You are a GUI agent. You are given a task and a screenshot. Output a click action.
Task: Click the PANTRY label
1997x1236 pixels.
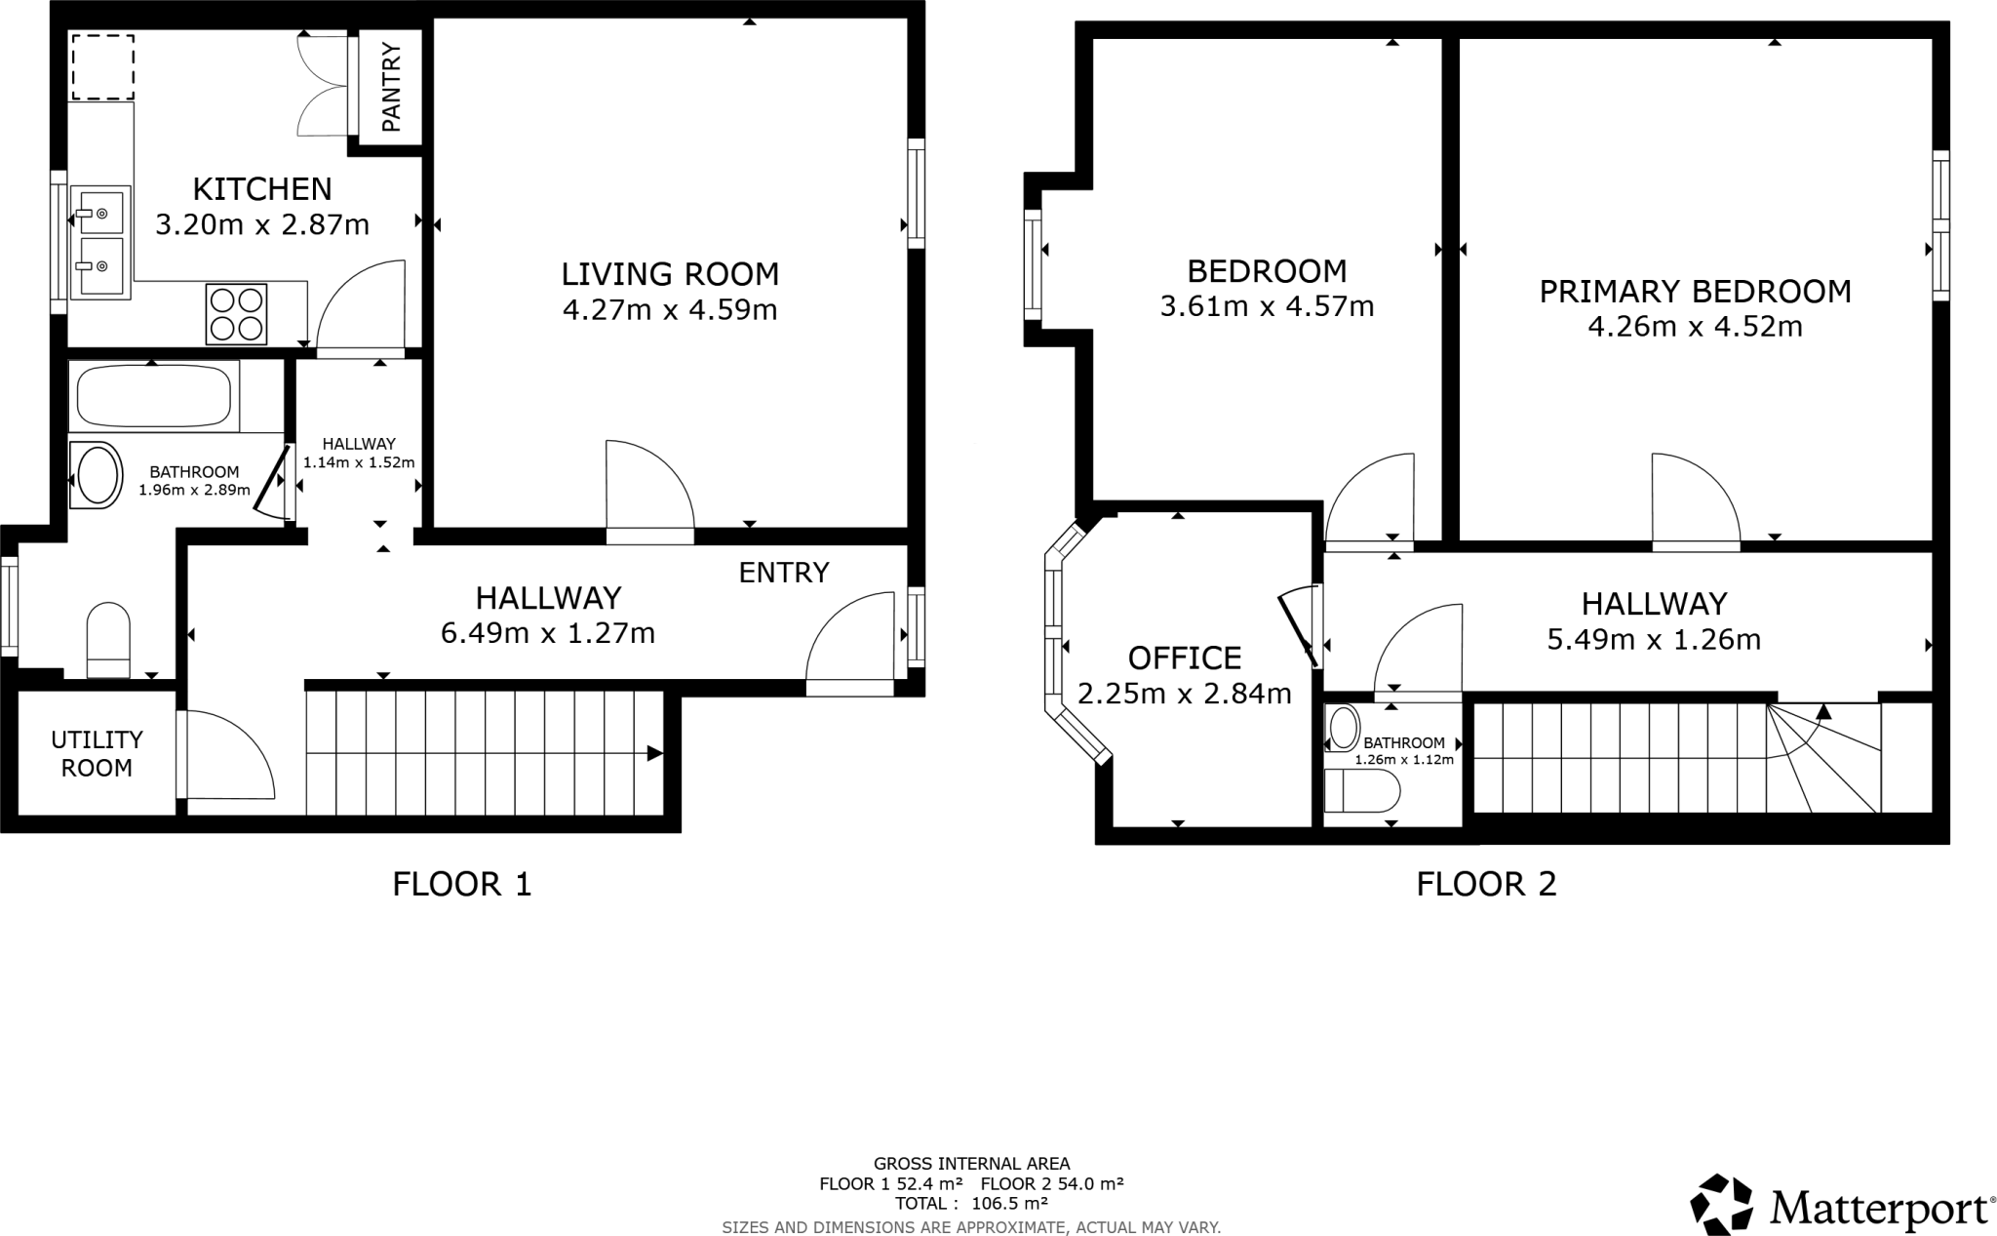click(391, 87)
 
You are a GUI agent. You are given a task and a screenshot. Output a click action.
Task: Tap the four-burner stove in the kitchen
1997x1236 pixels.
click(236, 313)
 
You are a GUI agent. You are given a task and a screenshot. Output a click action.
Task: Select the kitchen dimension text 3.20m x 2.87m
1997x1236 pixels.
click(262, 225)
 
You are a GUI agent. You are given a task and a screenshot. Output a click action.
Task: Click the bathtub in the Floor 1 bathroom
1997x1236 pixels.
click(153, 396)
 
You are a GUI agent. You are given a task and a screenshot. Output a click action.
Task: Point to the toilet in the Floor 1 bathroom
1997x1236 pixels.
click(108, 638)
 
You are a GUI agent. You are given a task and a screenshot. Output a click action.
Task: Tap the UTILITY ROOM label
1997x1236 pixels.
click(97, 753)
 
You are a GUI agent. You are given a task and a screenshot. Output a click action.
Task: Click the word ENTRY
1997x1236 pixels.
click(783, 573)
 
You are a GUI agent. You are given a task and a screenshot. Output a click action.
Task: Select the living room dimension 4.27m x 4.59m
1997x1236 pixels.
click(670, 310)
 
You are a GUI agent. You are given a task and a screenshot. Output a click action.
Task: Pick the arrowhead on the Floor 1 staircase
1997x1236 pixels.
click(654, 753)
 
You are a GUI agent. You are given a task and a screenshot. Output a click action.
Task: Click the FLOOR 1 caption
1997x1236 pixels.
click(461, 884)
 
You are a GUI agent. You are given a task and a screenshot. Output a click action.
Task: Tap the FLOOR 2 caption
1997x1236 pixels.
click(1486, 884)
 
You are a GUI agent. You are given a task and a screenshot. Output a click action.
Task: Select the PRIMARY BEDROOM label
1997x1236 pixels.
click(1695, 291)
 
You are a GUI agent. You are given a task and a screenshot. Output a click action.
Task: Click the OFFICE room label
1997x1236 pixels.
click(1184, 658)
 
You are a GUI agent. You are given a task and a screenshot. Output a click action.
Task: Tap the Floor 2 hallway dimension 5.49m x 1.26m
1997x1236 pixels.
click(1654, 640)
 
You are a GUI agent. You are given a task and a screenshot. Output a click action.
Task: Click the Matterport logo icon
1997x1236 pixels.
click(1721, 1204)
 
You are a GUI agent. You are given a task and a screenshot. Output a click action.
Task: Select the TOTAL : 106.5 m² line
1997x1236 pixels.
click(971, 1204)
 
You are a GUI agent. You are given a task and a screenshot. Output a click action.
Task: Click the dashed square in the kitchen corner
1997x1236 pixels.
click(102, 66)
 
